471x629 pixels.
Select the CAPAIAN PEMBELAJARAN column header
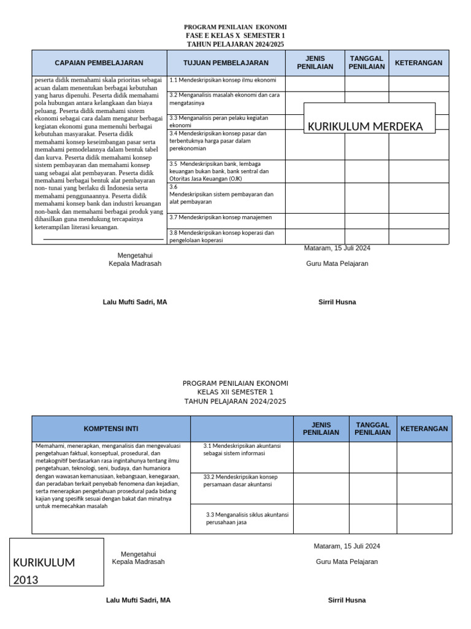point(99,63)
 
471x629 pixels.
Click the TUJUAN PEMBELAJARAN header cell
point(226,63)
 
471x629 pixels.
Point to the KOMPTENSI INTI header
point(111,429)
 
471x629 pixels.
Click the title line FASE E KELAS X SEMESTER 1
point(235,36)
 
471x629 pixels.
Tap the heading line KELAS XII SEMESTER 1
point(235,392)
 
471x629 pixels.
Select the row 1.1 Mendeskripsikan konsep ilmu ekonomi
point(226,80)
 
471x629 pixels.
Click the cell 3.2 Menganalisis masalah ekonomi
point(226,100)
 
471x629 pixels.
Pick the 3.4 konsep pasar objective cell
point(226,141)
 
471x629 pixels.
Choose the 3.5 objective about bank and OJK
point(226,171)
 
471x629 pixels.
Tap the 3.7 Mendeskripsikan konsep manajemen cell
point(226,217)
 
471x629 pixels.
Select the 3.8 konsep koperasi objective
point(226,236)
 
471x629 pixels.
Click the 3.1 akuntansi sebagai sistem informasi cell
point(242,450)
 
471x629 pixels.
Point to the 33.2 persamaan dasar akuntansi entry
point(242,480)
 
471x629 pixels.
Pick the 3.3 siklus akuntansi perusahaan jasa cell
point(247,518)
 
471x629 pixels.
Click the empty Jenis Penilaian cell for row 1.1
point(315,83)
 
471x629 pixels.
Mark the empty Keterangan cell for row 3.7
point(418,221)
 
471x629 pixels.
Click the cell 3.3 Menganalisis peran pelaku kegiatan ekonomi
point(226,121)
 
